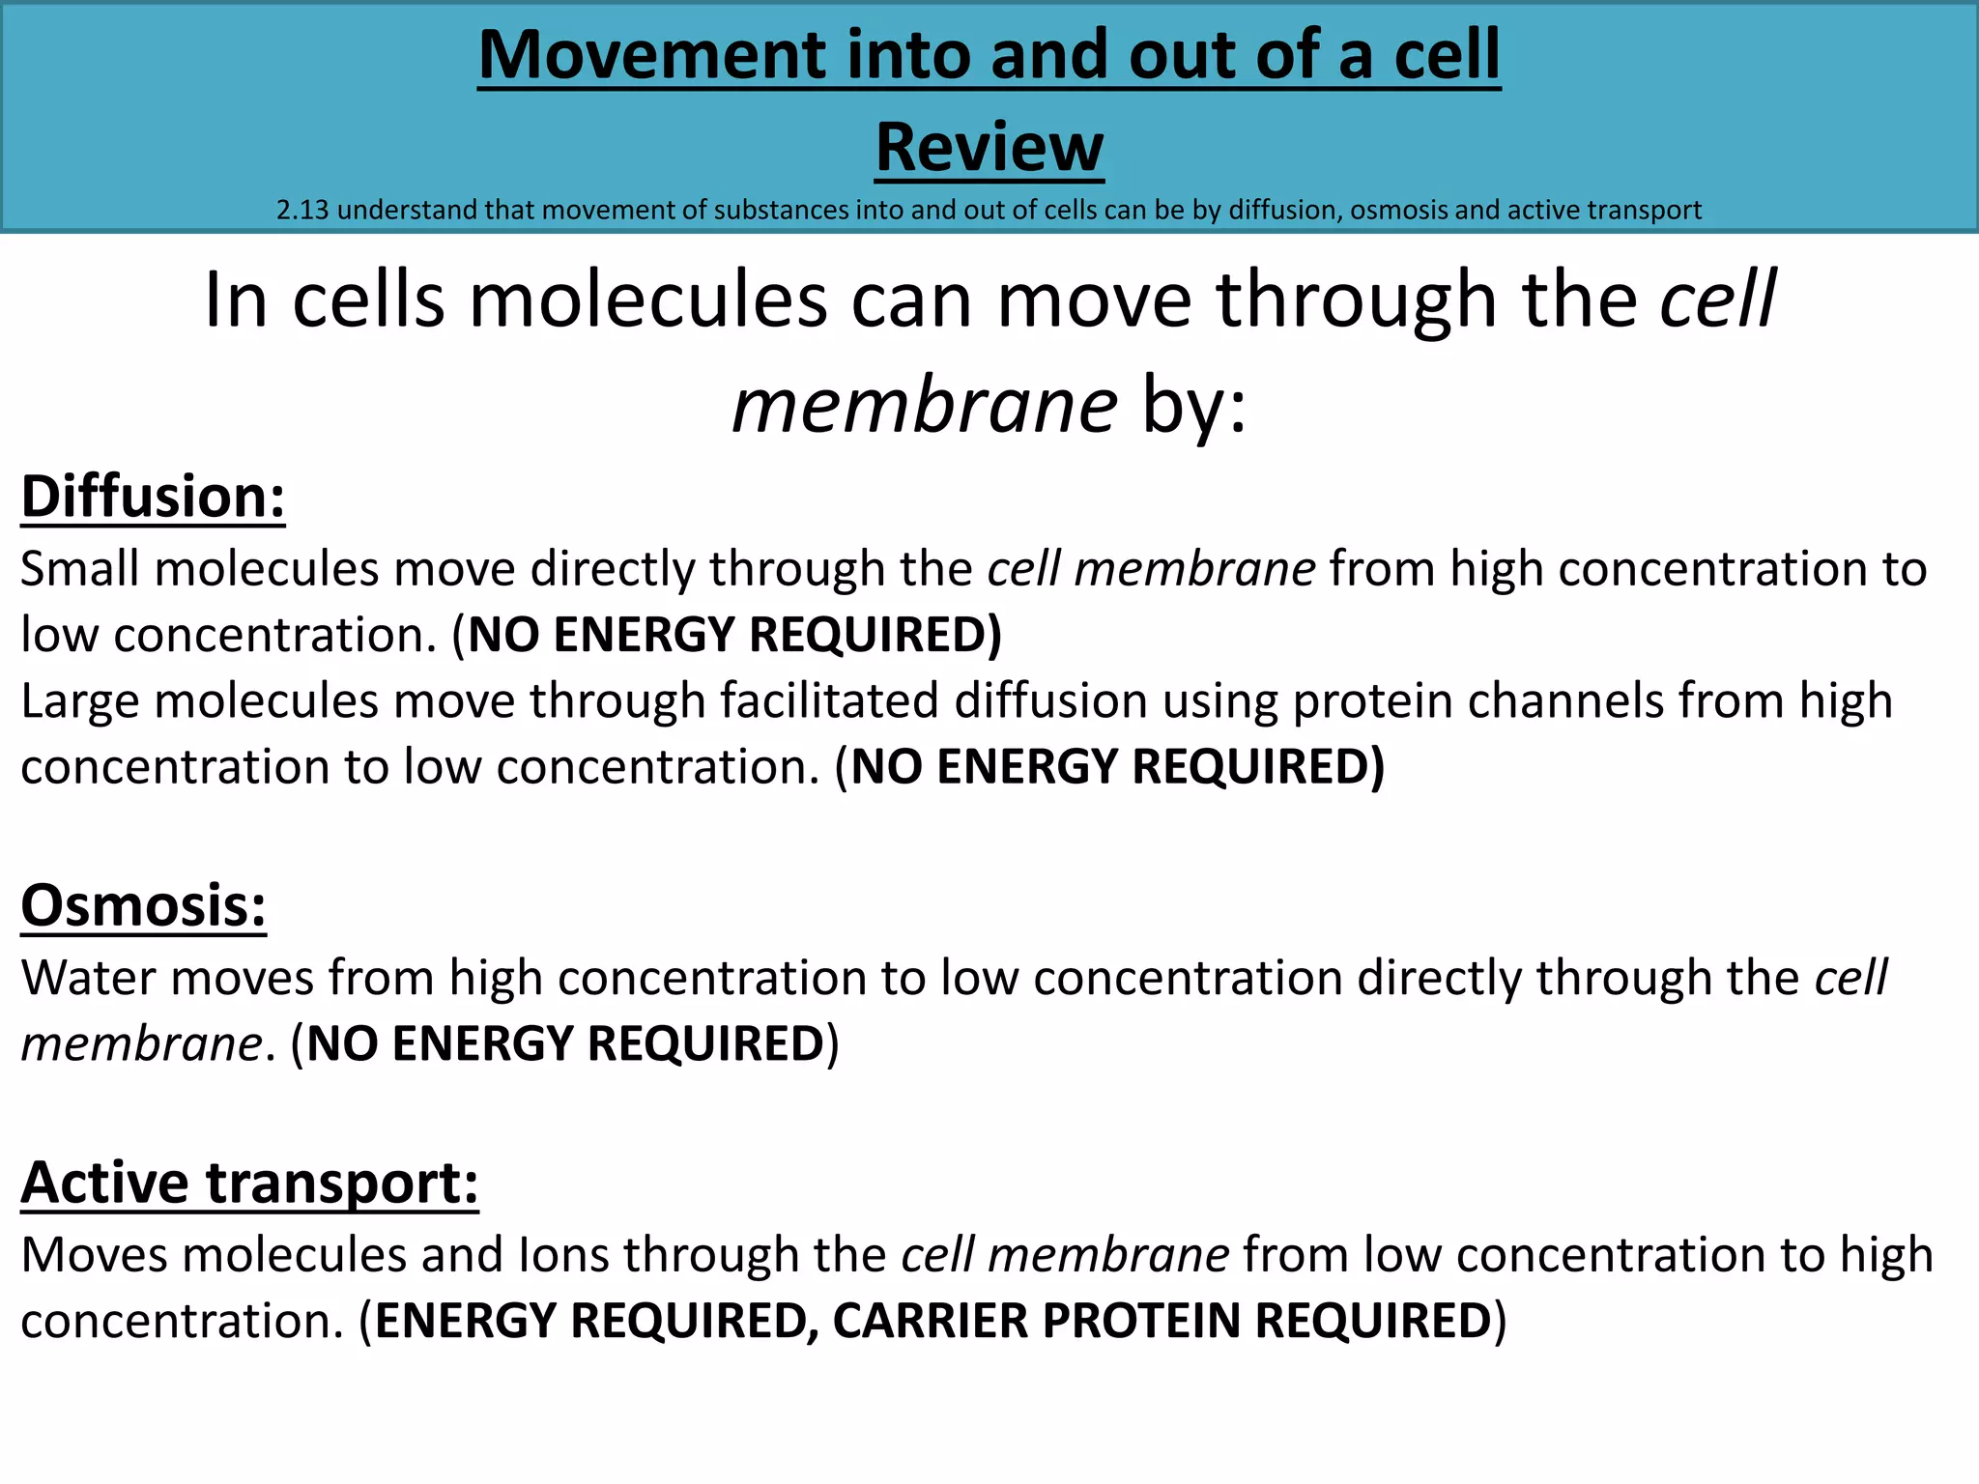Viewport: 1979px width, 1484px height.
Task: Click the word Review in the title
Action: (989, 148)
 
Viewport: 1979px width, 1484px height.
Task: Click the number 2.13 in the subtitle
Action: (302, 210)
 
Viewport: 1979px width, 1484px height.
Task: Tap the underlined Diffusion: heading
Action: (153, 497)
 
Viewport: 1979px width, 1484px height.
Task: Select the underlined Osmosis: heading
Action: (143, 906)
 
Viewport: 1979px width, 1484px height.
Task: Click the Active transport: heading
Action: (249, 1183)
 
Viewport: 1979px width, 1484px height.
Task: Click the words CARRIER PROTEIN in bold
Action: (1036, 1321)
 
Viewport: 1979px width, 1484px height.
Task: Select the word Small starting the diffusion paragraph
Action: (79, 569)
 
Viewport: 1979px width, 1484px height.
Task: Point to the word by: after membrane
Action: (1194, 406)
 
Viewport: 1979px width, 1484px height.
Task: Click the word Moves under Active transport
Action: (94, 1255)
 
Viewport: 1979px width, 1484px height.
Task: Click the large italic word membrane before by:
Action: (925, 406)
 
